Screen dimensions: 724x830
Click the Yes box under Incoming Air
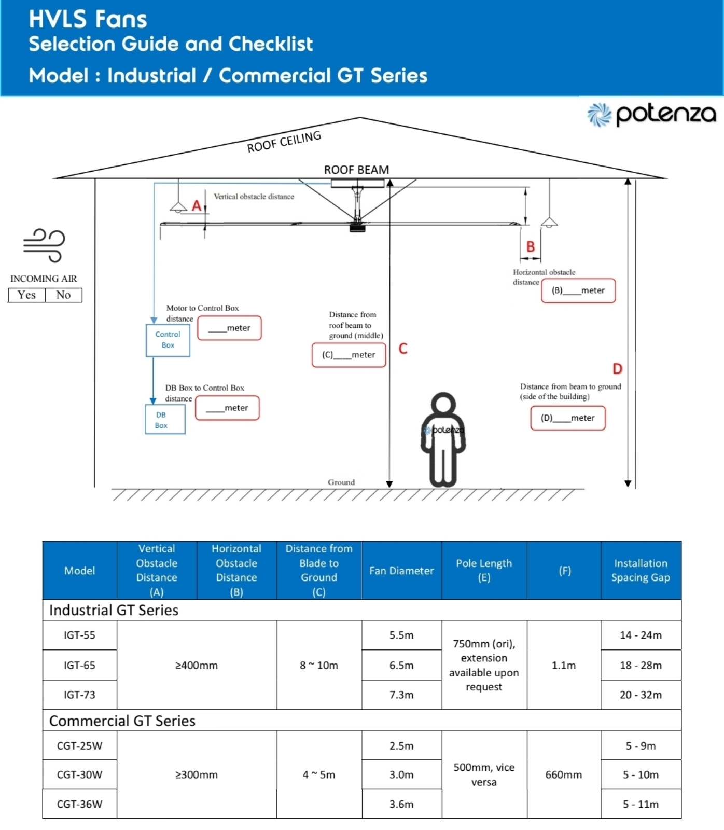pyautogui.click(x=26, y=295)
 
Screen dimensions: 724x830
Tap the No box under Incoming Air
pyautogui.click(x=64, y=295)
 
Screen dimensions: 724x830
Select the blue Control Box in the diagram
pyautogui.click(x=168, y=340)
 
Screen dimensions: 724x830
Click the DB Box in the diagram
pyautogui.click(x=165, y=419)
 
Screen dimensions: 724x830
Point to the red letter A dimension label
pyautogui.click(x=197, y=206)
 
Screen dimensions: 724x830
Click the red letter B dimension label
pyautogui.click(x=531, y=246)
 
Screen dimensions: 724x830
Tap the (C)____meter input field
pyautogui.click(x=349, y=355)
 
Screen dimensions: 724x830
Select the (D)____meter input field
pyautogui.click(x=568, y=418)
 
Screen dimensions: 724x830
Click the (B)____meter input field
pyautogui.click(x=578, y=290)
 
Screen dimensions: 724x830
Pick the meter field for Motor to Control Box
pyautogui.click(x=230, y=328)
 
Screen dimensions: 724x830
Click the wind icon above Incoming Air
pyautogui.click(x=44, y=245)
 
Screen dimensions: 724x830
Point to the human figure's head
pyautogui.click(x=443, y=404)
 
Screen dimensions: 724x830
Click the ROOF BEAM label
pyautogui.click(x=356, y=170)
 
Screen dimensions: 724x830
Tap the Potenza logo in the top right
pyautogui.click(x=652, y=114)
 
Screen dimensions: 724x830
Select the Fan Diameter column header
pyautogui.click(x=401, y=571)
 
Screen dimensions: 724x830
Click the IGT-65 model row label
pyautogui.click(x=80, y=665)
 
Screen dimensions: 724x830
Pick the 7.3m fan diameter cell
pyautogui.click(x=401, y=695)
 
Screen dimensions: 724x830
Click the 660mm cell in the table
pyautogui.click(x=564, y=774)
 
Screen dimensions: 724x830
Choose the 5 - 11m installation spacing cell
pyautogui.click(x=641, y=804)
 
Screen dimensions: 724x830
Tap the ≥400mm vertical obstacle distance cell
pyautogui.click(x=197, y=665)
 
